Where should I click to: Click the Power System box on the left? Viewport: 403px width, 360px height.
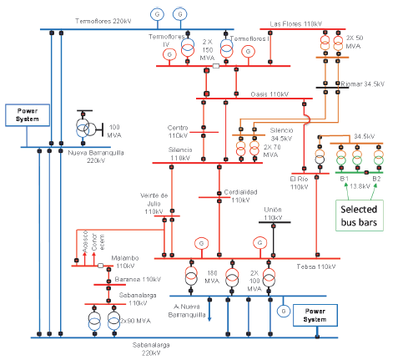pyautogui.click(x=23, y=114)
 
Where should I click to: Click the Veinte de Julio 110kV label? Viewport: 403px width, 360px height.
pyautogui.click(x=154, y=203)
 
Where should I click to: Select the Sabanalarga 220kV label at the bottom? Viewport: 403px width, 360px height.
pyautogui.click(x=155, y=347)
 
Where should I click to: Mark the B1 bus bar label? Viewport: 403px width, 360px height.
pyautogui.click(x=343, y=178)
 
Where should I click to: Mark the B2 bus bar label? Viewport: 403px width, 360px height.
pyautogui.click(x=376, y=178)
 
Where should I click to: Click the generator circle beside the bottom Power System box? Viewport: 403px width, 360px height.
pyautogui.click(x=285, y=312)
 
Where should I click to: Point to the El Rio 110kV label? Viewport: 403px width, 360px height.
pyautogui.click(x=299, y=182)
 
